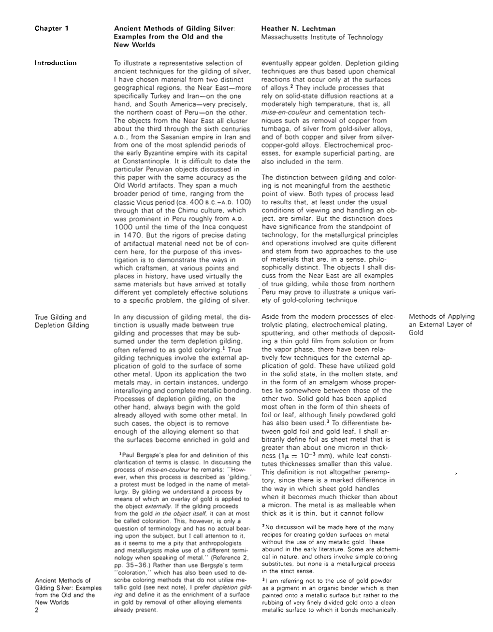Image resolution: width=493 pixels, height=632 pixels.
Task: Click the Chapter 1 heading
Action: point(51,28)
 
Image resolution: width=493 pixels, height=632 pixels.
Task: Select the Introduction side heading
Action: point(55,63)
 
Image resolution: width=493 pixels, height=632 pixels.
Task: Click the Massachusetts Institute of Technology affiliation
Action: point(321,37)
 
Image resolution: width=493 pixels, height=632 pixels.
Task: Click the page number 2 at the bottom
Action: point(36,610)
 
